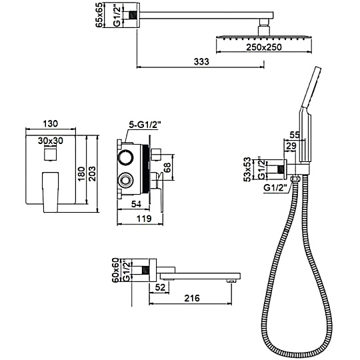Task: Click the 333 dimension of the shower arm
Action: click(201, 62)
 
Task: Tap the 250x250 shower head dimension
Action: click(264, 47)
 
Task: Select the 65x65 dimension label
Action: click(99, 15)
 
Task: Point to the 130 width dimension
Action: click(50, 123)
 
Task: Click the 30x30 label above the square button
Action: click(50, 141)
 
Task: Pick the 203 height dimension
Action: click(92, 173)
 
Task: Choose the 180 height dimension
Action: click(81, 174)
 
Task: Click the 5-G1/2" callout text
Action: click(145, 125)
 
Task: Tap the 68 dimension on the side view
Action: click(167, 167)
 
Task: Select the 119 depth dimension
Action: click(144, 219)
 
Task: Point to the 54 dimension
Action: click(136, 204)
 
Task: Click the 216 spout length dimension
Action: click(192, 298)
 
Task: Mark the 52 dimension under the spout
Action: click(160, 287)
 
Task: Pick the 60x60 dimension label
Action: click(114, 270)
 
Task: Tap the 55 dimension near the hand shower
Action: click(295, 135)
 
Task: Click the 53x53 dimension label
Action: click(247, 169)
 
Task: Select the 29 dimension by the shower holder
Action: click(291, 146)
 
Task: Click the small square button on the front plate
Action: click(50, 154)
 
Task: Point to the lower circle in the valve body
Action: click(125, 180)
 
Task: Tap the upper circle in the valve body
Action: click(125, 157)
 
